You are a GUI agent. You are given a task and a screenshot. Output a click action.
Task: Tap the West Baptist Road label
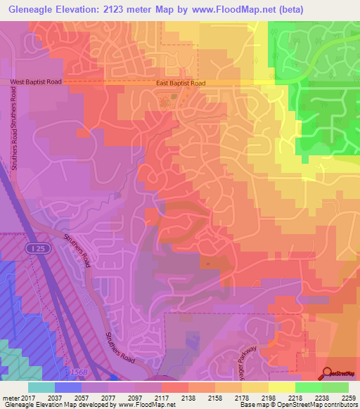click(37, 82)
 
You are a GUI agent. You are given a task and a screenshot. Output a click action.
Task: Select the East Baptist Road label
click(181, 83)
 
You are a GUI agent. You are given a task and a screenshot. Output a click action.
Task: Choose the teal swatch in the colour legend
click(41, 387)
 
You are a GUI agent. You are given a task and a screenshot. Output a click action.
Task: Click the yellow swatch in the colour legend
click(282, 387)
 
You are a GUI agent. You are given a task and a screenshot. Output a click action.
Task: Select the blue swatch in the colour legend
click(68, 387)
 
